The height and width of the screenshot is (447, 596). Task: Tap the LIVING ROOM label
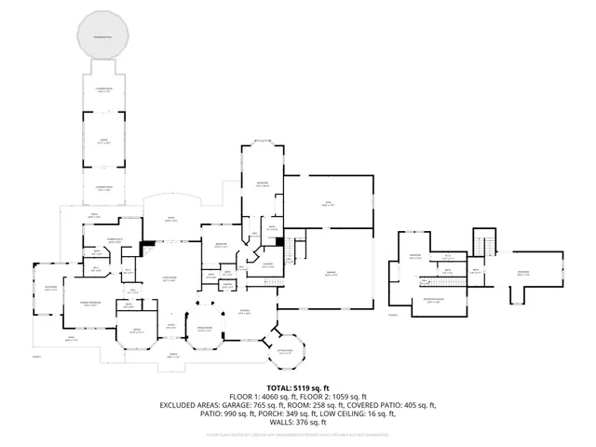click(x=171, y=278)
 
